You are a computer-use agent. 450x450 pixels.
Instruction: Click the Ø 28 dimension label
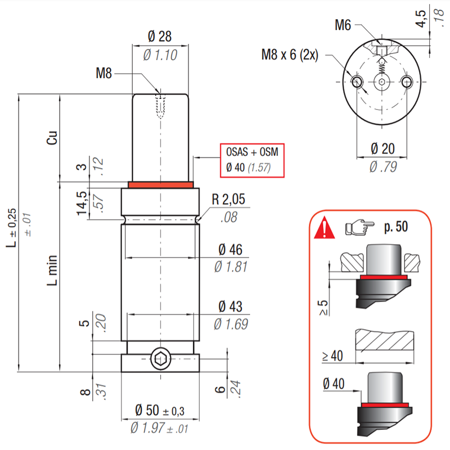point(160,37)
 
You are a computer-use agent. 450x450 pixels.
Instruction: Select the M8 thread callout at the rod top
point(105,73)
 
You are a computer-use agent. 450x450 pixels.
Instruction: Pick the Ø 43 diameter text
point(231,307)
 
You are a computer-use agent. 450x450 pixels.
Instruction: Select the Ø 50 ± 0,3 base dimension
point(160,410)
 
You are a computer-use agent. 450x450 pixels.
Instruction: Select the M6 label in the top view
point(343,25)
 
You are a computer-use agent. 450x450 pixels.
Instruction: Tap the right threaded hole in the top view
point(407,83)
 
